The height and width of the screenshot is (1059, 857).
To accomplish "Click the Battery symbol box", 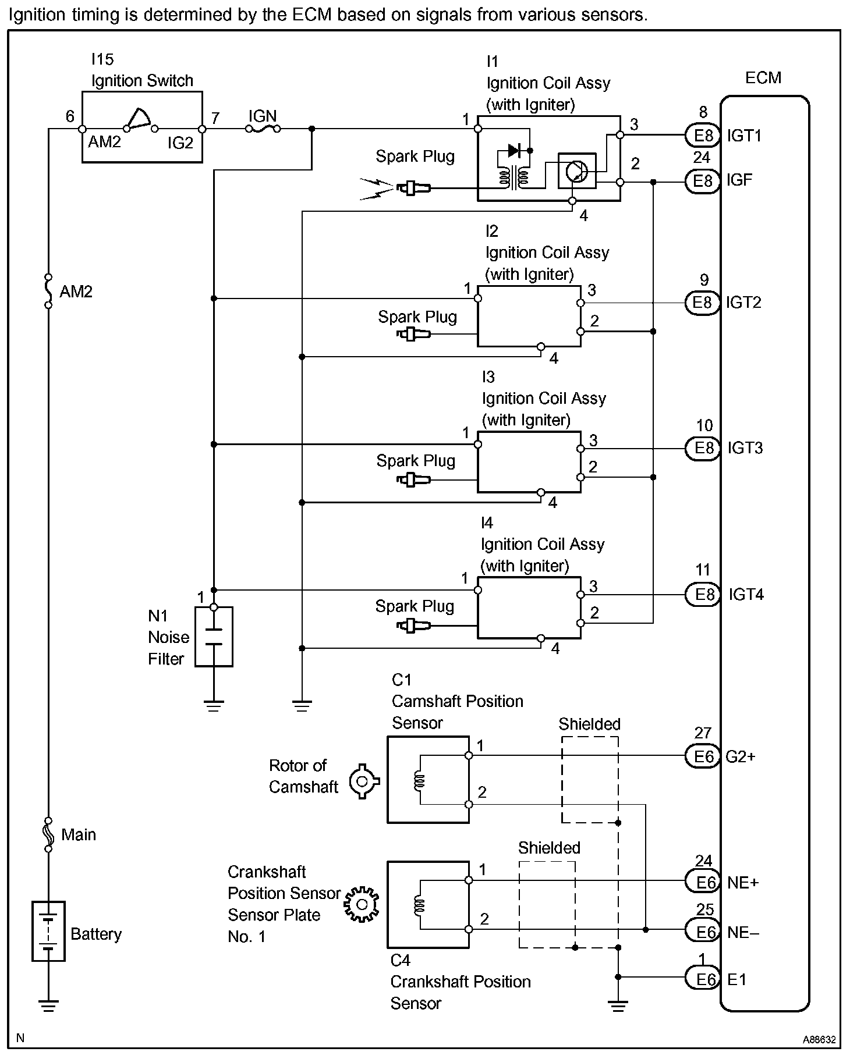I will pos(48,931).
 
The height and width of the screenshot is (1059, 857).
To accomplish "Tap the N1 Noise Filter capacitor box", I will pos(214,637).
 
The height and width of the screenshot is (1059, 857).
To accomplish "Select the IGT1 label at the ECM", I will pos(744,136).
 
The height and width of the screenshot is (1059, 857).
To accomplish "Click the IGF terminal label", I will pos(739,180).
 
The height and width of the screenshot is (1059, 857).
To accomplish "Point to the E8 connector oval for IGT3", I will pos(703,449).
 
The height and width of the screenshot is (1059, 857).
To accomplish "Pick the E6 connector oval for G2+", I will pos(703,756).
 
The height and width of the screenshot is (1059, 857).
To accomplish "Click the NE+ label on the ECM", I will pos(743,883).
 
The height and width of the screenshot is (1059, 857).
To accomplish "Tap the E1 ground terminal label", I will pos(736,979).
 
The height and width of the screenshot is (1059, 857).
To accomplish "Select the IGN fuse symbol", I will pos(264,129).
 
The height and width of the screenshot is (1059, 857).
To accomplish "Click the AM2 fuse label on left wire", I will pos(76,292).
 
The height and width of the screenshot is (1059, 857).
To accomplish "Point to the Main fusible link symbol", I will pos(48,834).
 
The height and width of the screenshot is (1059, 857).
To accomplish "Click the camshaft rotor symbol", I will pos(364,780).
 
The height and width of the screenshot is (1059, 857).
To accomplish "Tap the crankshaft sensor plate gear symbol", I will pos(361,904).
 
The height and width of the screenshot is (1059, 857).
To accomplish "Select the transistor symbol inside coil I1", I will pos(576,170).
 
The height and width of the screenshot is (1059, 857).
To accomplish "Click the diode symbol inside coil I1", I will pos(514,151).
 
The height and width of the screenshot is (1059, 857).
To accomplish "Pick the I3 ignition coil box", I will pos(529,462).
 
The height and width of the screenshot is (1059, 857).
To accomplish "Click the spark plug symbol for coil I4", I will pos(414,626).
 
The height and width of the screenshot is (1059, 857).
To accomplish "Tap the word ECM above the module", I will pos(763,78).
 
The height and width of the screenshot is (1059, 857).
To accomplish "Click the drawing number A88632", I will pos(819,1039).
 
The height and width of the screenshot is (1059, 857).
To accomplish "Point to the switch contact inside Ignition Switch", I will pos(140,120).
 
